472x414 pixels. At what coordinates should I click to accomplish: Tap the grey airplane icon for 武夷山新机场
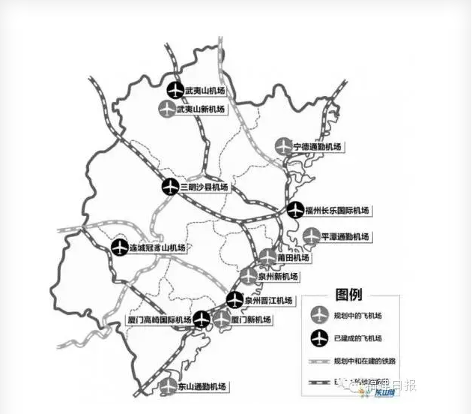(167, 109)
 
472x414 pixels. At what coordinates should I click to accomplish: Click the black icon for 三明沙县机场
(171, 187)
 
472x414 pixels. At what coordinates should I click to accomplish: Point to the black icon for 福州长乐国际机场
(295, 210)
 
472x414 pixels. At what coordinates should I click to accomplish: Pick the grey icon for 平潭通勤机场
(311, 236)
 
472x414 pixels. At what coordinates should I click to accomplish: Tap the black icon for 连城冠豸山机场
(120, 247)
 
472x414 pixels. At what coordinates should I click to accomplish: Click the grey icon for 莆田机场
(268, 258)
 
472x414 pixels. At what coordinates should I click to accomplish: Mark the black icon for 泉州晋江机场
(235, 300)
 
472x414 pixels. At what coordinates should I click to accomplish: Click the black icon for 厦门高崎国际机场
(202, 319)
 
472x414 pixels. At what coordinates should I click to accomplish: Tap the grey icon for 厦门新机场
(222, 319)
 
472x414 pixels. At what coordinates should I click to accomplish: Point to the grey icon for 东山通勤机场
(169, 386)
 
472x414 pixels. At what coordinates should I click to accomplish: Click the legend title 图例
(349, 293)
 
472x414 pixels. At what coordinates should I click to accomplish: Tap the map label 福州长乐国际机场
(337, 210)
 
